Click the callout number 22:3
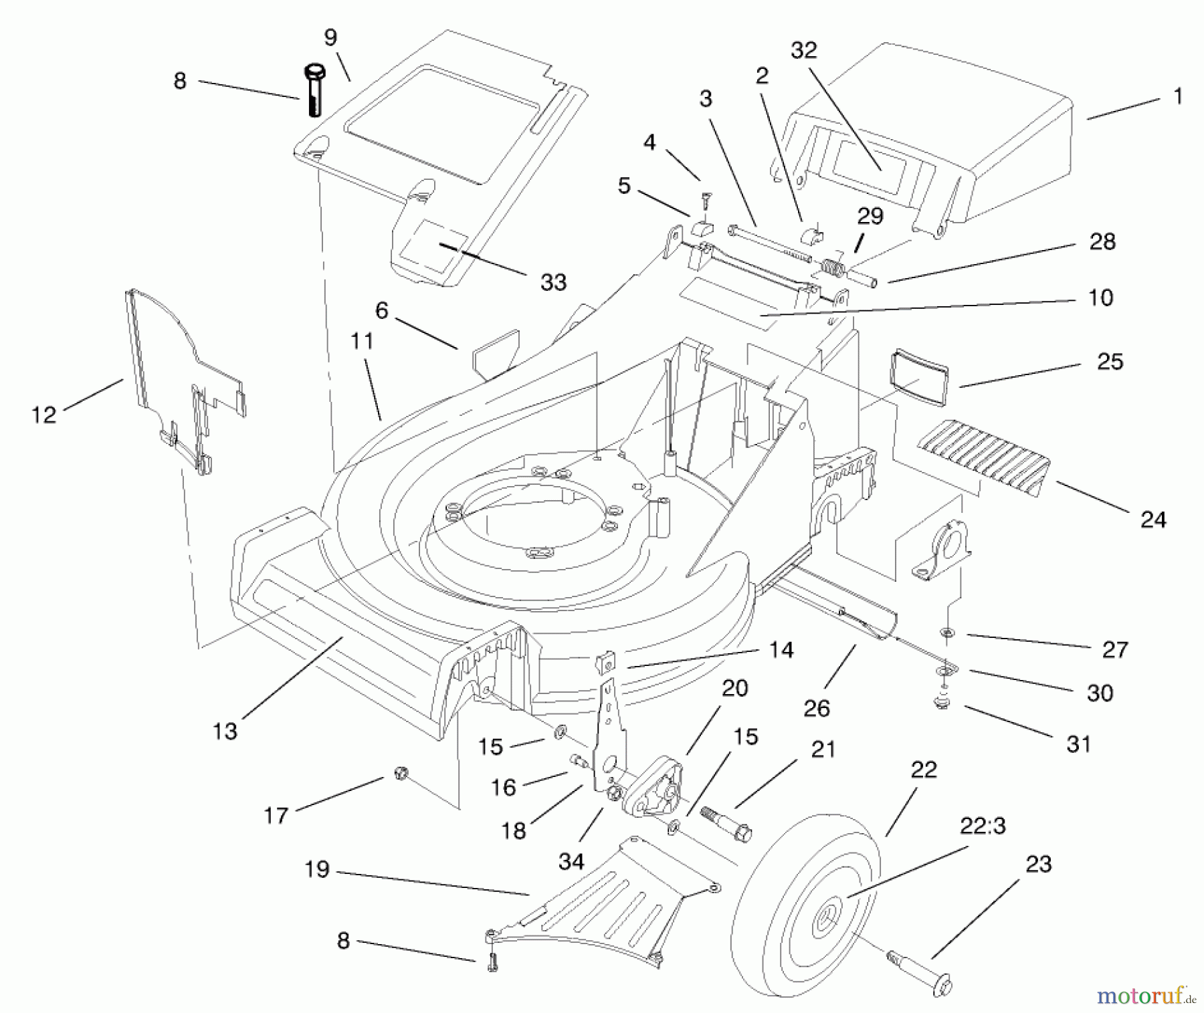(x=983, y=827)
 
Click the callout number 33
(x=553, y=282)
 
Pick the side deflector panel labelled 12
(x=181, y=374)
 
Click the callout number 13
(x=225, y=731)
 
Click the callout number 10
(x=1101, y=297)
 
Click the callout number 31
(x=1078, y=744)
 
